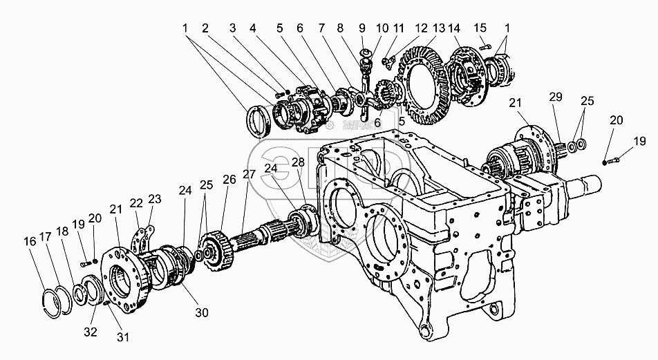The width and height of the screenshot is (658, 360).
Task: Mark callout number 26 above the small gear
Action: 229,179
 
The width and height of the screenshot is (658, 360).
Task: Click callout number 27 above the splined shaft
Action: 249,174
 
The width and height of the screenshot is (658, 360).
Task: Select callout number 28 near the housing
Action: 298,162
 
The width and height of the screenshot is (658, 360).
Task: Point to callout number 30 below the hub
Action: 201,312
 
